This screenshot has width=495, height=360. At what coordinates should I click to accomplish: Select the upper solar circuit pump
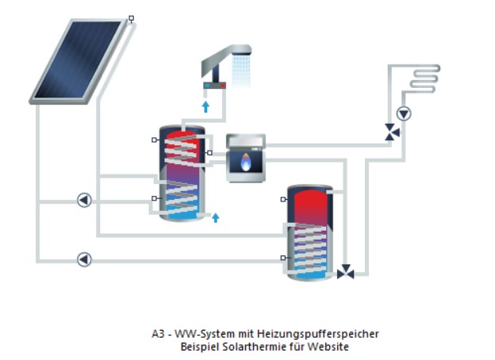click(x=84, y=200)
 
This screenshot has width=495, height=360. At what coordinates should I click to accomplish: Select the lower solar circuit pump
click(x=84, y=259)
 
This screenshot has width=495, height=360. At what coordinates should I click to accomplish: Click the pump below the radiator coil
click(x=405, y=113)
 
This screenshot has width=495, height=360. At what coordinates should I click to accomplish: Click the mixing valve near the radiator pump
click(x=392, y=132)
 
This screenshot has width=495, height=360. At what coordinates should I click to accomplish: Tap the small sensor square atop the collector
click(x=131, y=17)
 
